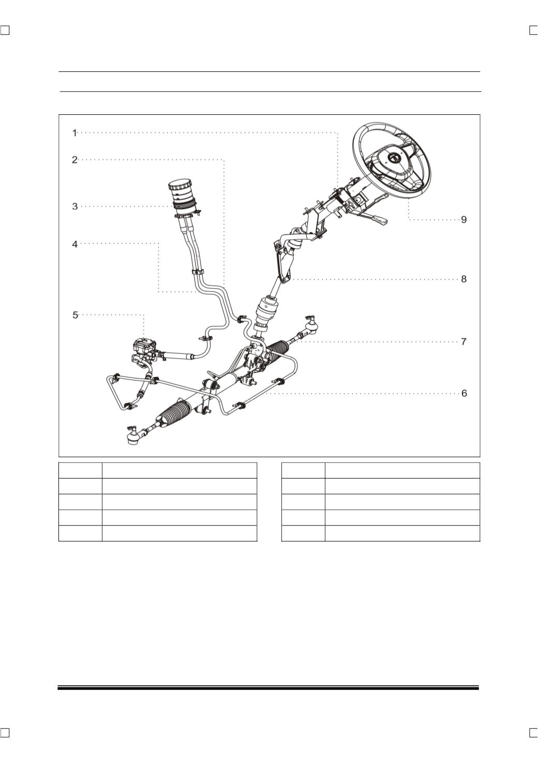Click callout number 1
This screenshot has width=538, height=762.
(74, 133)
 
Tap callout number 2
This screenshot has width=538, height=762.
(75, 159)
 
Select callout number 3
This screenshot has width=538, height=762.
(75, 206)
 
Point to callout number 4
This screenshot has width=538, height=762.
(75, 244)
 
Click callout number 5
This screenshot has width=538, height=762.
(75, 315)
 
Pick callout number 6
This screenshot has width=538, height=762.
(464, 393)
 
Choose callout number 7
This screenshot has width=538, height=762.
(464, 341)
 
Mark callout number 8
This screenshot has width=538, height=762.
(464, 279)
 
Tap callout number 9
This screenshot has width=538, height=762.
(464, 220)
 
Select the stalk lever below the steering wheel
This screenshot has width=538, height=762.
(375, 218)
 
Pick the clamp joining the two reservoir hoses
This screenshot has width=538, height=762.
(198, 272)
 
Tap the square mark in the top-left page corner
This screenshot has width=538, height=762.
(5, 31)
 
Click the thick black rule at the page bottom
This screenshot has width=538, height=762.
(268, 688)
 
